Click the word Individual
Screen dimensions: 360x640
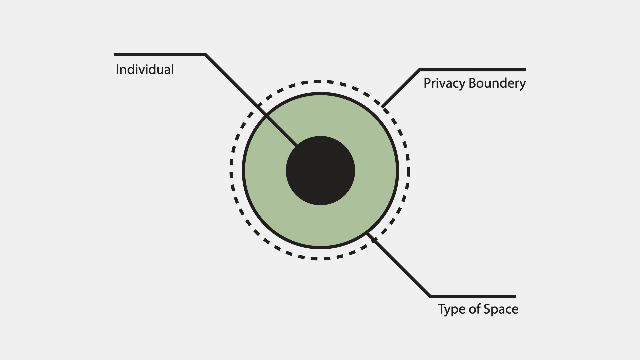(x=145, y=70)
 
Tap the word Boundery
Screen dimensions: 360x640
(x=497, y=83)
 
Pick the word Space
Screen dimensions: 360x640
(x=501, y=309)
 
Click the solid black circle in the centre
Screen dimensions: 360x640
(x=320, y=171)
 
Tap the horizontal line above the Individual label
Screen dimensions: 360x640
(x=159, y=54)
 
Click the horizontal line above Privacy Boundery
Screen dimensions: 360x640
(x=472, y=70)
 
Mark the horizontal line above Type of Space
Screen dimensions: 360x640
(x=473, y=296)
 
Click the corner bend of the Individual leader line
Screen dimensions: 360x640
(x=205, y=55)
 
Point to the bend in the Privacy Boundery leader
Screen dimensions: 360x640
(x=419, y=70)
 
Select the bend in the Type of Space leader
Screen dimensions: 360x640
(x=430, y=296)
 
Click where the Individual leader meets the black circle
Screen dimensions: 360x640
(x=297, y=146)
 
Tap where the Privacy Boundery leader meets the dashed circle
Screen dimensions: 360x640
(x=383, y=107)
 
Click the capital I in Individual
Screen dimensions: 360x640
(x=117, y=69)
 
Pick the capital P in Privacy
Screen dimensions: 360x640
(x=427, y=83)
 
